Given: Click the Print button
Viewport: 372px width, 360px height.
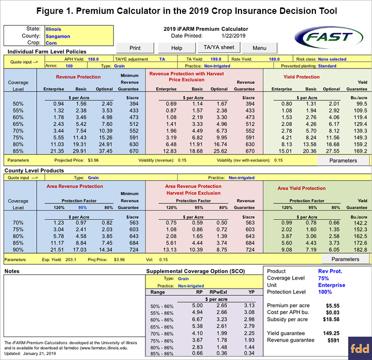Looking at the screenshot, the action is click(135, 48).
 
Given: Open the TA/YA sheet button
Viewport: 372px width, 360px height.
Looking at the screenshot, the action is click(219, 47).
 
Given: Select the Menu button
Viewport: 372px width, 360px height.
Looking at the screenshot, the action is click(259, 48).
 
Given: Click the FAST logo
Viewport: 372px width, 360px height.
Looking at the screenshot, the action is click(328, 37).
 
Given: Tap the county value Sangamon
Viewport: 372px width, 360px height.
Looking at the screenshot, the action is click(58, 36).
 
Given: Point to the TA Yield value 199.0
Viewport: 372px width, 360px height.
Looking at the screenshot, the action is click(216, 59).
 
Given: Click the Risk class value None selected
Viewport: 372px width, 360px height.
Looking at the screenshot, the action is click(332, 59).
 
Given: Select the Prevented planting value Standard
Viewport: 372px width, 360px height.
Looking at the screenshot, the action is click(327, 66).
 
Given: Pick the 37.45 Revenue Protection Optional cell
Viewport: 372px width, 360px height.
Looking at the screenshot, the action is click(106, 151).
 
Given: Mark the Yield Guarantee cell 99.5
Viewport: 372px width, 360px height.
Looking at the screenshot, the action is click(362, 104).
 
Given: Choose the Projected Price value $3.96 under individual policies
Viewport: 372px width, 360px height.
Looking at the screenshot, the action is click(93, 160).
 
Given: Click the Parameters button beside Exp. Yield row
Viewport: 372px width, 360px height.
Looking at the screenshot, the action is click(345, 259).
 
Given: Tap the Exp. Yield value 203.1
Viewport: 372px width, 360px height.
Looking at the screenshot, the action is click(71, 260).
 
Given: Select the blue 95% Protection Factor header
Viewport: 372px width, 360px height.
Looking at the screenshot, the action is click(82, 208).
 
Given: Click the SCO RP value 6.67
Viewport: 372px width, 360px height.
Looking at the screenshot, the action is click(197, 319).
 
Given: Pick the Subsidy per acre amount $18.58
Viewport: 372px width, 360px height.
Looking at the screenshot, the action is click(331, 319).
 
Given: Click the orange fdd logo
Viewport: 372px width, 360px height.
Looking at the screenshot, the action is click(360, 349).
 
